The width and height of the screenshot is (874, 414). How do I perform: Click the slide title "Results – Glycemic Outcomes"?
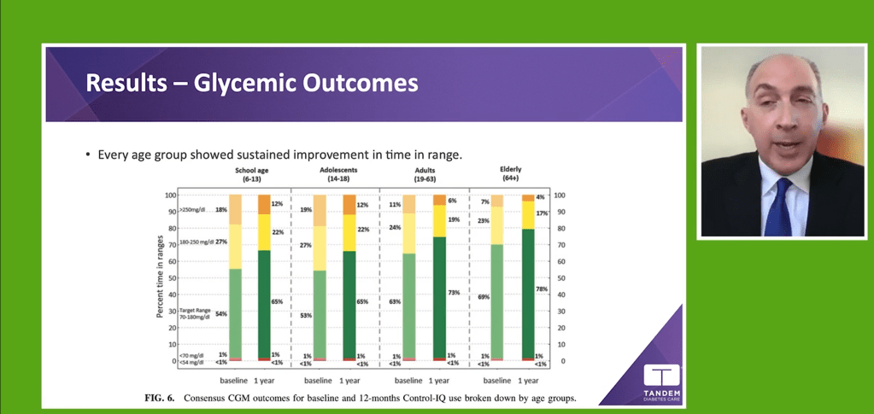tap(252, 84)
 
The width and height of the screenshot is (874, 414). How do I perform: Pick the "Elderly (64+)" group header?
tap(510, 174)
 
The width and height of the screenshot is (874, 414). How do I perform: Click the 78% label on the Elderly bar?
tap(540, 289)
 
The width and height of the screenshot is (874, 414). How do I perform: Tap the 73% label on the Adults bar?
tap(454, 293)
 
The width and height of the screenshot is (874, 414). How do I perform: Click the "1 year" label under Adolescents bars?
tap(349, 380)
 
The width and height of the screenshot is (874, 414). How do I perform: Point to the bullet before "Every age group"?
tap(88, 155)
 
